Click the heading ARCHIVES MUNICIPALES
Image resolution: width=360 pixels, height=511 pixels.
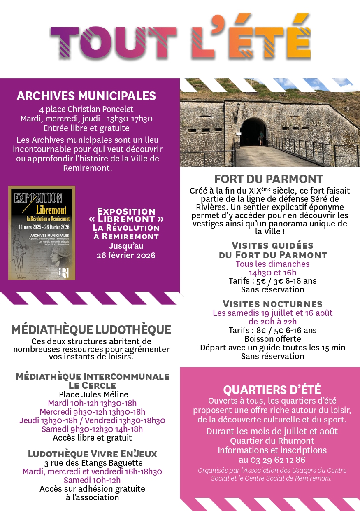click(x=86, y=96)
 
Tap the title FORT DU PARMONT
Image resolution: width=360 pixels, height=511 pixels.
click(x=269, y=180)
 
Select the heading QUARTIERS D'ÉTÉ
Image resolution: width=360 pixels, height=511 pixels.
click(x=272, y=390)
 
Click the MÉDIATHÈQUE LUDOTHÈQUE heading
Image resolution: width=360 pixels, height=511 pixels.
click(x=91, y=329)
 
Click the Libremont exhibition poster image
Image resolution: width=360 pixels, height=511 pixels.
click(x=42, y=233)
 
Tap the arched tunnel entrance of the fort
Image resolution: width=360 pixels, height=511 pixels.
click(x=253, y=132)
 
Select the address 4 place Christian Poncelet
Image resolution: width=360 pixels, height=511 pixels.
click(x=86, y=110)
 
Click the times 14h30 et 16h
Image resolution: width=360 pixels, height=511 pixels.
click(x=272, y=273)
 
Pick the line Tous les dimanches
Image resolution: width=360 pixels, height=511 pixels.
click(x=272, y=264)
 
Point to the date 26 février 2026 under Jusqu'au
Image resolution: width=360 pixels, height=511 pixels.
click(x=126, y=255)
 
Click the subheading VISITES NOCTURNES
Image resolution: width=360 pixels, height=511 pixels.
click(x=272, y=304)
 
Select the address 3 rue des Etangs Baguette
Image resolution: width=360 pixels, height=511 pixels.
click(x=92, y=463)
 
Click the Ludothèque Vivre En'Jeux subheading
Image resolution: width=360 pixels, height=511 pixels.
click(x=92, y=454)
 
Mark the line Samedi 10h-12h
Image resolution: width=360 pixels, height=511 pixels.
click(x=92, y=480)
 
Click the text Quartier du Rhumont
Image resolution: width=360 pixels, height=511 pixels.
click(x=272, y=441)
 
